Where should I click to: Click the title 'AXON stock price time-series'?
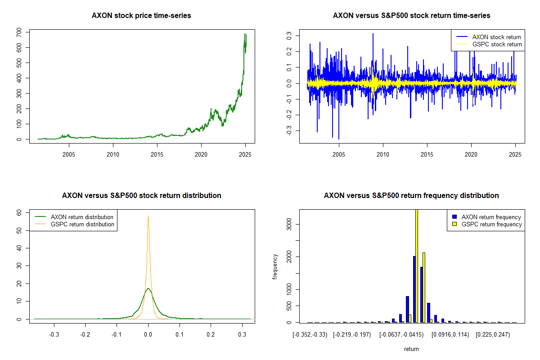[141, 16]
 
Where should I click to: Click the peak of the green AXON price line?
[245, 34]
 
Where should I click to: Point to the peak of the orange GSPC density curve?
[148, 216]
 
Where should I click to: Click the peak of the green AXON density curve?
[148, 288]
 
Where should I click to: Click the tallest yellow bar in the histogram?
[417, 265]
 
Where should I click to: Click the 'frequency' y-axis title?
[275, 267]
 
